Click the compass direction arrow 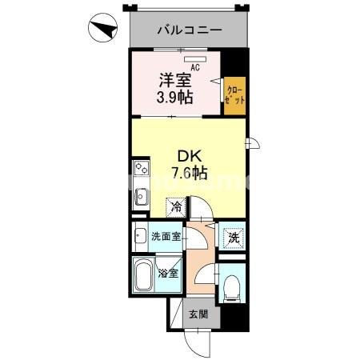coord(102,31)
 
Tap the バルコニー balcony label coord(189,30)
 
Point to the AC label coord(194,66)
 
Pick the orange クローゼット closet coord(234,98)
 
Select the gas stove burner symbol coord(141,170)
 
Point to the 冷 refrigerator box coord(176,207)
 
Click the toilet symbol coord(232,285)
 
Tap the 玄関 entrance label coord(198,314)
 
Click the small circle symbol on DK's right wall coord(250,144)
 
